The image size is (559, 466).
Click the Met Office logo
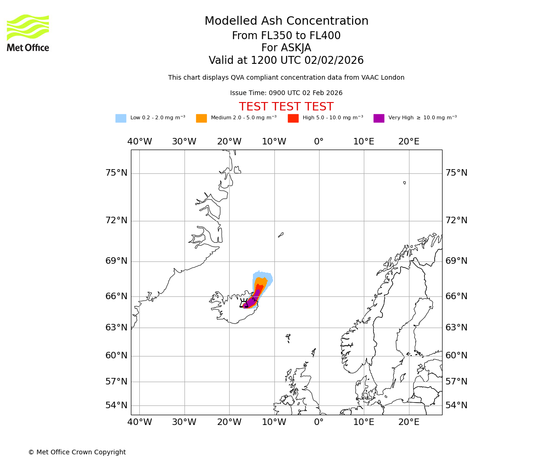coord(28,33)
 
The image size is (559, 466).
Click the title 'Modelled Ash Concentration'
coord(286,21)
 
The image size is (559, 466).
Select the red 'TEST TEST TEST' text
coord(286,107)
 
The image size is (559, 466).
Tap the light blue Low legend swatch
coord(121,118)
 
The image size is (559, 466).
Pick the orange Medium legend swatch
coord(201,118)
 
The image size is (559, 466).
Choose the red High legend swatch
coord(293,118)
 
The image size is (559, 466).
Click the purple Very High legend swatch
coord(379,118)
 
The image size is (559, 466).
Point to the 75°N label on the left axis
coord(116,173)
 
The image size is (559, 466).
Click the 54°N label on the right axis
coord(457,405)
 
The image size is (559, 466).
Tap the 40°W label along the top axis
coord(140,142)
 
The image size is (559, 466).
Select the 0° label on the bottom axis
coord(319,422)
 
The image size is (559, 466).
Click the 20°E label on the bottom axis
coord(409,422)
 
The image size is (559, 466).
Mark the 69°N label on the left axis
coord(116,261)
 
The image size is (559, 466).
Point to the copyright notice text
coord(77,452)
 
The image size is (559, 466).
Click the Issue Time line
coord(286,93)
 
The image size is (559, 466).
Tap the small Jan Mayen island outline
coord(281,235)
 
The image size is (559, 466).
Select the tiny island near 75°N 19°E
coord(404,183)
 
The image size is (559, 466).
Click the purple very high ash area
coord(252,302)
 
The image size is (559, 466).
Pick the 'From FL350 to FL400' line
coord(286,36)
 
